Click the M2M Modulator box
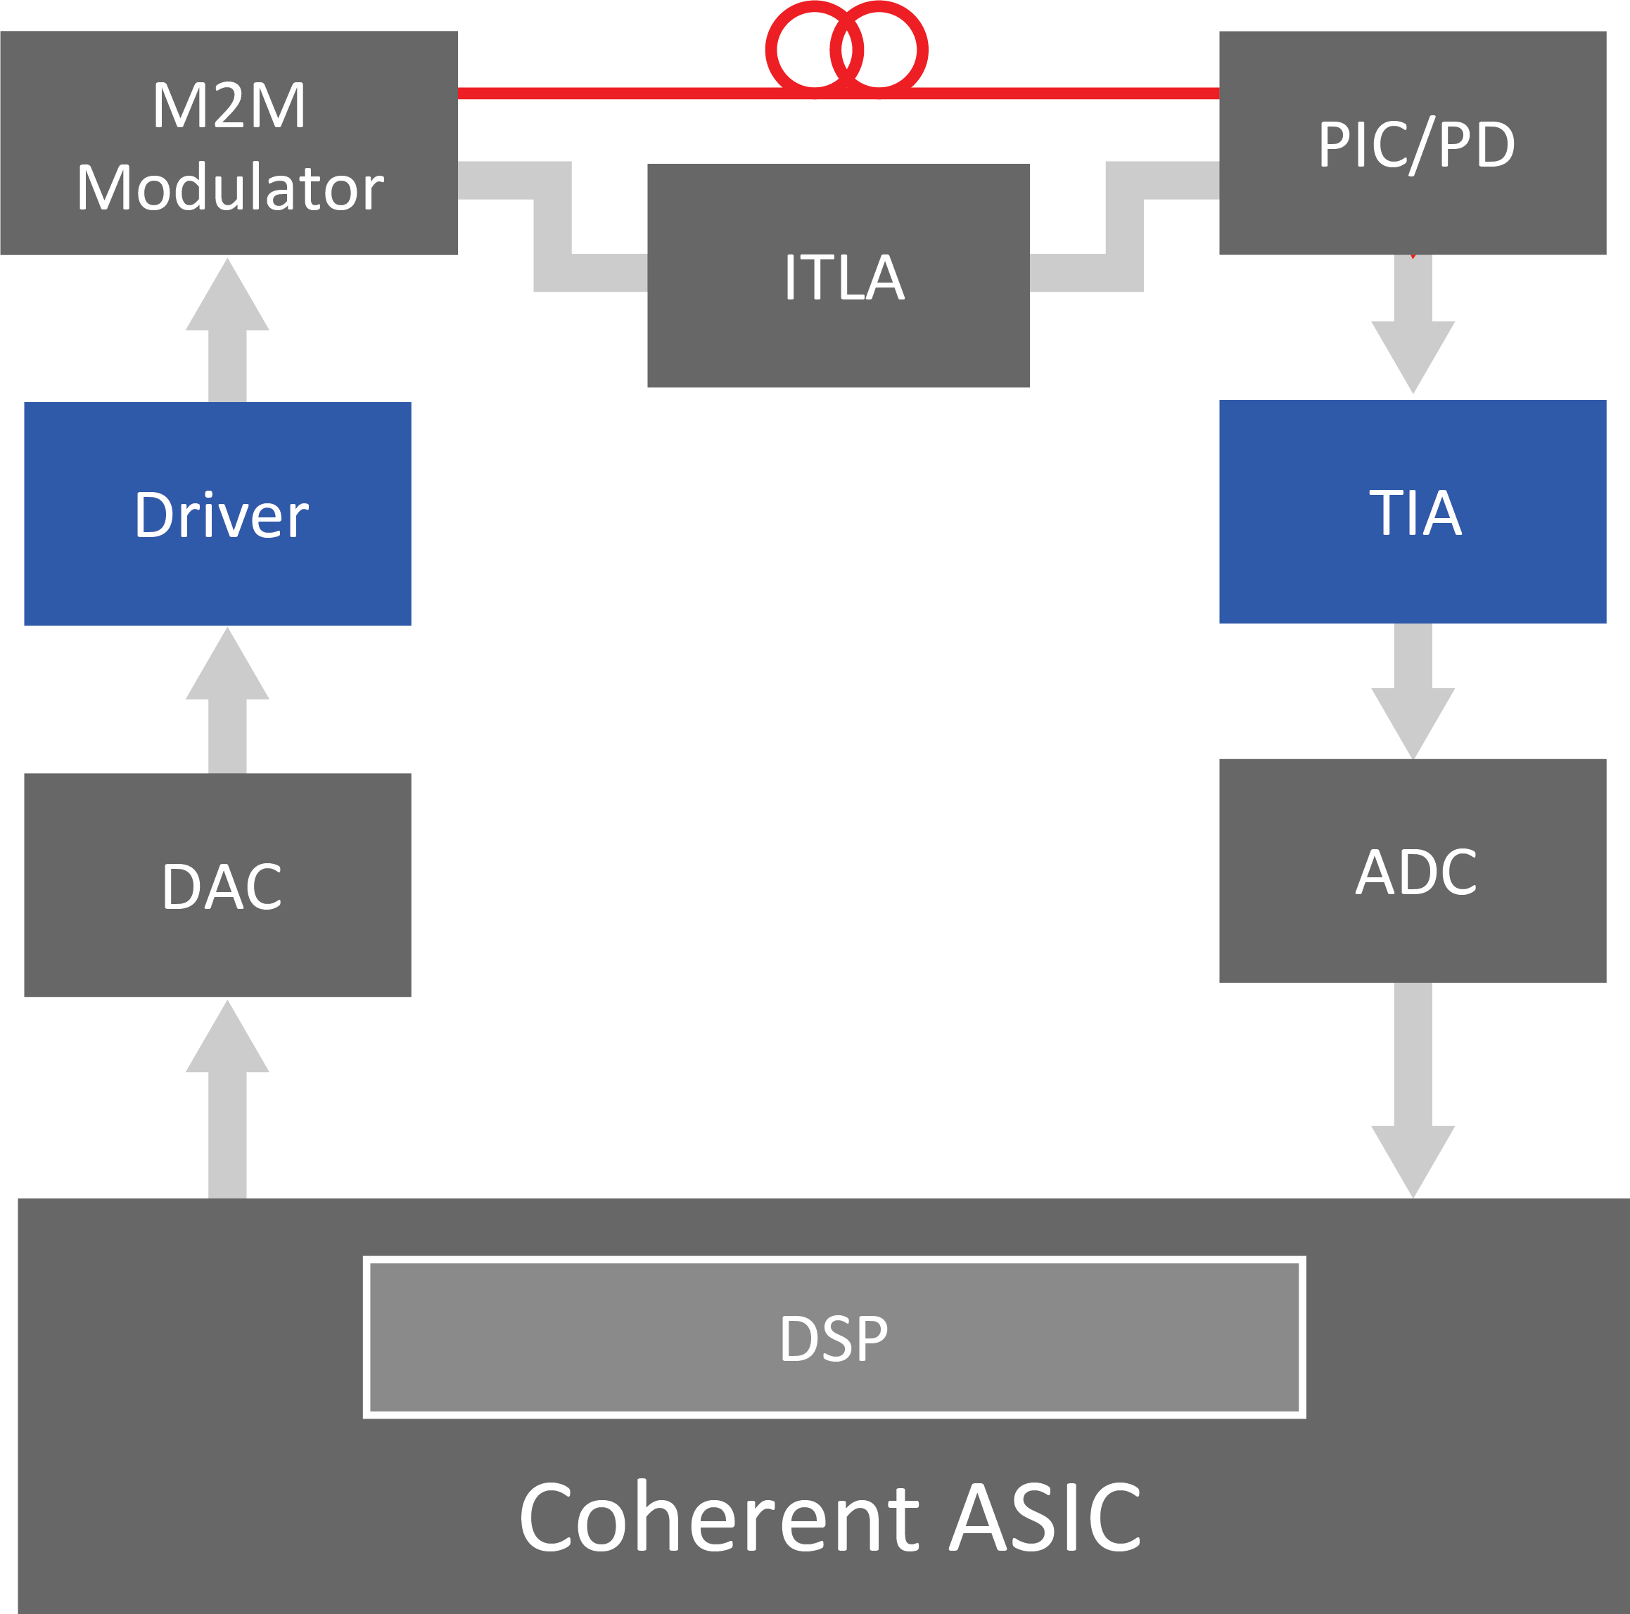[x=229, y=143]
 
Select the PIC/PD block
[x=1413, y=143]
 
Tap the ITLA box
[x=838, y=276]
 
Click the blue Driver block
[x=217, y=514]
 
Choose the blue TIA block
[x=1413, y=512]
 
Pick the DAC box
[x=217, y=884]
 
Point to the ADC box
[x=1413, y=870]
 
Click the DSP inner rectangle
[x=834, y=1338]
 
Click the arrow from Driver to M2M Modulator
[x=227, y=330]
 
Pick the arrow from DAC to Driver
[x=227, y=700]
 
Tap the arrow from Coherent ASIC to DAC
[x=227, y=1099]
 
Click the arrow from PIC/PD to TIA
[x=1413, y=324]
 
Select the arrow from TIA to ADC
[x=1413, y=692]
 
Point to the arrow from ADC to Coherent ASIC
[x=1413, y=1090]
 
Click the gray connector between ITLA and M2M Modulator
[x=553, y=226]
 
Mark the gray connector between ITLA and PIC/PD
[x=1125, y=226]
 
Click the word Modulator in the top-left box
[x=229, y=186]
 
